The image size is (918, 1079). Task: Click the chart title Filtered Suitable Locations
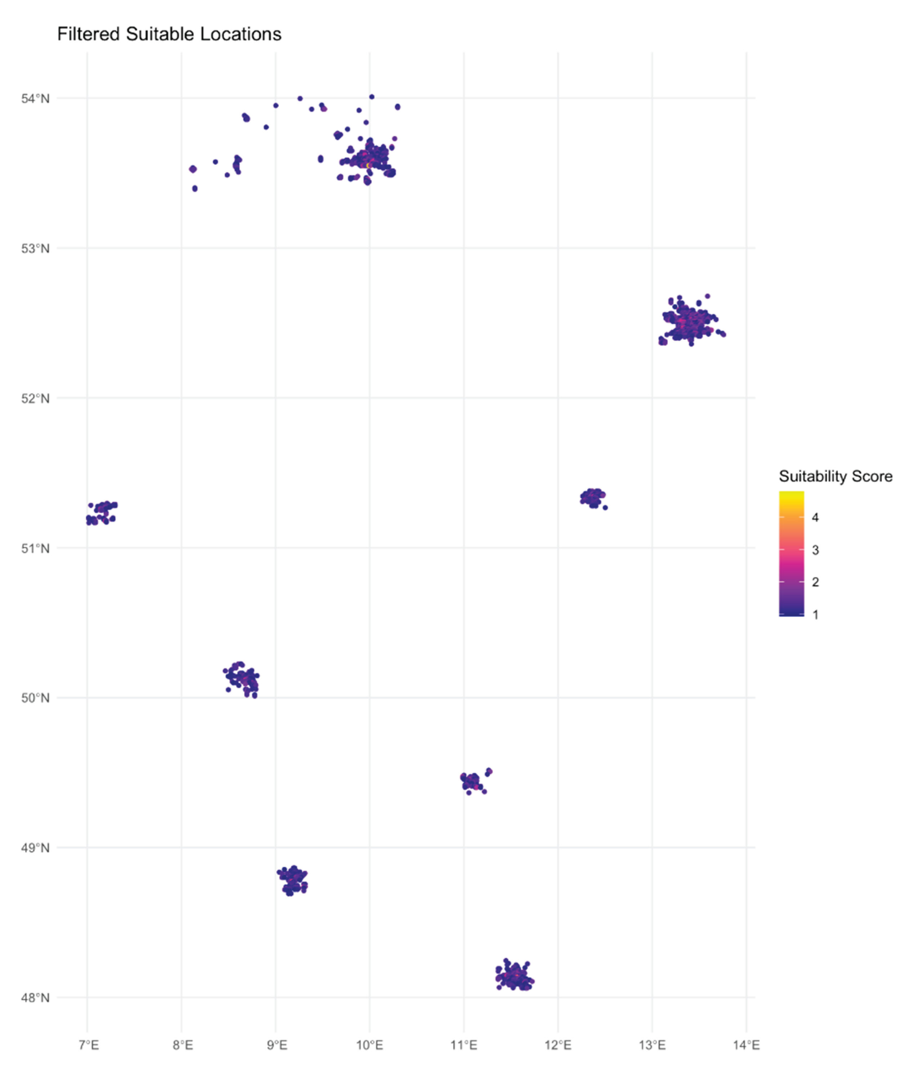click(169, 34)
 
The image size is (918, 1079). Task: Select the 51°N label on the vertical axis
click(35, 548)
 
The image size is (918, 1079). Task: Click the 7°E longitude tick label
click(89, 1045)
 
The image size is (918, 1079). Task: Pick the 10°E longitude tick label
click(370, 1045)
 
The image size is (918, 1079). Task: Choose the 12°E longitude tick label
click(558, 1045)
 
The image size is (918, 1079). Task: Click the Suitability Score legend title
click(835, 476)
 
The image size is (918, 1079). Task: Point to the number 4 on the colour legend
click(815, 518)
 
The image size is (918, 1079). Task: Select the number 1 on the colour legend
click(815, 615)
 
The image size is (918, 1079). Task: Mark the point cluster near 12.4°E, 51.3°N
click(592, 498)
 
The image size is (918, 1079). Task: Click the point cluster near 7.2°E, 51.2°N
click(102, 513)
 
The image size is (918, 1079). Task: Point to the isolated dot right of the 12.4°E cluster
click(605, 507)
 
